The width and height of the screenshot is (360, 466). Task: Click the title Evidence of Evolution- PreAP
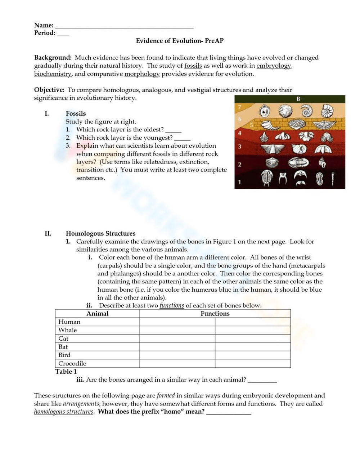coord(180,41)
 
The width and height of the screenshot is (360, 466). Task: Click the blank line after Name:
coord(124,26)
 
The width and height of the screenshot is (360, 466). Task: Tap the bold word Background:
coord(53,58)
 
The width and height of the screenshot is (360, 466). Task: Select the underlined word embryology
coord(273,66)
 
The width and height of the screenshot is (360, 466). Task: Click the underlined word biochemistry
coord(53,74)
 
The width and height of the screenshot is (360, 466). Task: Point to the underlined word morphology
coord(142,74)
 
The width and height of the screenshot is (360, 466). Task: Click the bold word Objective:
coord(49,90)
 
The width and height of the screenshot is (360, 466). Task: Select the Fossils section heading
coord(76,113)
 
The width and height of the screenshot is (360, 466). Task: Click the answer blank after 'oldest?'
coord(173,130)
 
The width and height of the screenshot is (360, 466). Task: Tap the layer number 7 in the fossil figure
coord(239,107)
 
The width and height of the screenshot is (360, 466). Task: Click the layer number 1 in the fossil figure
coord(239,182)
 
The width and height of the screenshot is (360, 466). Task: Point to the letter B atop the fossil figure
coord(298,99)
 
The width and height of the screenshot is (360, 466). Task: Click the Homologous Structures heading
coord(100,233)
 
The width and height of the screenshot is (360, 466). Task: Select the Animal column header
coord(97,313)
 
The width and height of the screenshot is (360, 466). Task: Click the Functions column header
coord(215,313)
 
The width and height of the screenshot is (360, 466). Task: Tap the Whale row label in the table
coord(68,330)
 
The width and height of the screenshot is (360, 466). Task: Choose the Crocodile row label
coord(72,363)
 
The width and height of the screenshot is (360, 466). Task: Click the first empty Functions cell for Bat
coord(177,347)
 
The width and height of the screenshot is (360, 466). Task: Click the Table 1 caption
coord(66,372)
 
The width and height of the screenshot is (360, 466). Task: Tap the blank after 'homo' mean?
coord(229,413)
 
